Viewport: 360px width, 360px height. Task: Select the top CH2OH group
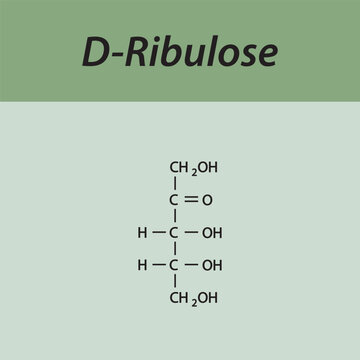coord(193,167)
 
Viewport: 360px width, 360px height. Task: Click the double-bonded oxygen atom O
coord(207,200)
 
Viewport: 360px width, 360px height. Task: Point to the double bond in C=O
coord(191,200)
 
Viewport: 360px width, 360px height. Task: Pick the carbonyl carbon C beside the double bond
coord(175,200)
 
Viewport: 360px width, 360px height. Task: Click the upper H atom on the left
coord(143,233)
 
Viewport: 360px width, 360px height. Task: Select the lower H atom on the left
coord(143,266)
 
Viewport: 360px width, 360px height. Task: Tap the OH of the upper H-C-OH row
coord(212,233)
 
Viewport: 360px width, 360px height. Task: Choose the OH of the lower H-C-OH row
coord(212,266)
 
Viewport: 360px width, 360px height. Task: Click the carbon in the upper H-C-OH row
coord(175,233)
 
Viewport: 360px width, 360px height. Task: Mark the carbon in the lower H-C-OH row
coord(175,266)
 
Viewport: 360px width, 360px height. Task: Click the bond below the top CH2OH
coord(175,184)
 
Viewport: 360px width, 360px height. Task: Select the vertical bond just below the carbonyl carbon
coord(175,216)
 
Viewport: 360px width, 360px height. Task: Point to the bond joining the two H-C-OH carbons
coord(175,249)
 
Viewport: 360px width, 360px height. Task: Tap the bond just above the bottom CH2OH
coord(175,282)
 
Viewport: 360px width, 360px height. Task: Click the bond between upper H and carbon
coord(159,233)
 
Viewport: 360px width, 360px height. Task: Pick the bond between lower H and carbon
coord(159,266)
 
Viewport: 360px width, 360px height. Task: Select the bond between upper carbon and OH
coord(191,233)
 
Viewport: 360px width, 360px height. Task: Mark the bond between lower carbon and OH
coord(191,266)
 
